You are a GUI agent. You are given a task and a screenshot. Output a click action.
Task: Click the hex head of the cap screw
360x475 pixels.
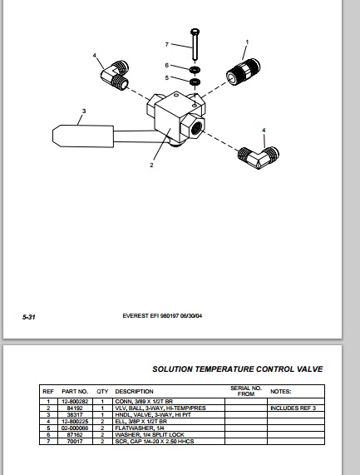click(195, 32)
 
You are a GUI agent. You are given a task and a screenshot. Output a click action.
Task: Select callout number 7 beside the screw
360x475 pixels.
click(167, 45)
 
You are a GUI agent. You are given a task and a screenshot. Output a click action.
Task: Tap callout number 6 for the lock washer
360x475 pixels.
click(167, 65)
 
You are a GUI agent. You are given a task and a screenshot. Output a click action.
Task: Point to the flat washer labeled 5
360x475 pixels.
click(195, 82)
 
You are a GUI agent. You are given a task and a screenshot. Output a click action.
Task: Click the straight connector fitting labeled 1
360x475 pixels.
click(243, 72)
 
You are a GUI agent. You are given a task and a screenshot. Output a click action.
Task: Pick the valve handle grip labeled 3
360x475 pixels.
click(83, 136)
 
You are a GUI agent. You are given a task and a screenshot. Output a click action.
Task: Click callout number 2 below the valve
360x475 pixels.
click(151, 165)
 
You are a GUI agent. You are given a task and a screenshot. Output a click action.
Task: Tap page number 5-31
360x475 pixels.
click(29, 317)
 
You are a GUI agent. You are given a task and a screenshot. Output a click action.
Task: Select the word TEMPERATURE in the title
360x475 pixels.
click(224, 369)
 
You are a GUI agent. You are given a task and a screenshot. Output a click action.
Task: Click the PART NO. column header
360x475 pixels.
click(75, 391)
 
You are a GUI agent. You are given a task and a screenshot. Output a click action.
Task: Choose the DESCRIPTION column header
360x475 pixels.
click(134, 391)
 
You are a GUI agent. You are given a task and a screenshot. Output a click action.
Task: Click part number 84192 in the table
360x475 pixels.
click(75, 408)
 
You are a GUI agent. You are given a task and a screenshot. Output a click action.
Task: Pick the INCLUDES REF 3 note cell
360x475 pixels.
click(293, 408)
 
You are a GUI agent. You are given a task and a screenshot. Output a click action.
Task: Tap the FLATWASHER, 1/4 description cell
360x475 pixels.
click(140, 428)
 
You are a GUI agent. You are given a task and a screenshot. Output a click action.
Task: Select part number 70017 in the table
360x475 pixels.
click(75, 442)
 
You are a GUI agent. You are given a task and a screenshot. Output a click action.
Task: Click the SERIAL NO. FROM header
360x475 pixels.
click(245, 391)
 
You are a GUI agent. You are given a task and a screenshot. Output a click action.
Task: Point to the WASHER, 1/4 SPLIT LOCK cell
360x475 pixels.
click(150, 435)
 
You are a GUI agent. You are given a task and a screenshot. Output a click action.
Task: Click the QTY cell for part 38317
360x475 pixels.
click(102, 415)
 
